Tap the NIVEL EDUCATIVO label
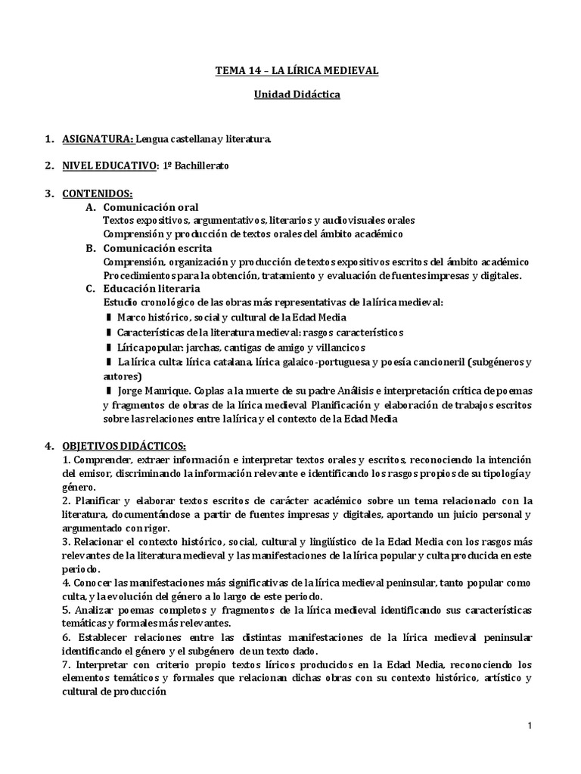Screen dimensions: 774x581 [111, 166]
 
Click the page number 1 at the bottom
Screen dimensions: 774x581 [530, 726]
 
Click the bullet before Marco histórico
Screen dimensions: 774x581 [109, 317]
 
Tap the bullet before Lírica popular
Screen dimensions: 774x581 [109, 347]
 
